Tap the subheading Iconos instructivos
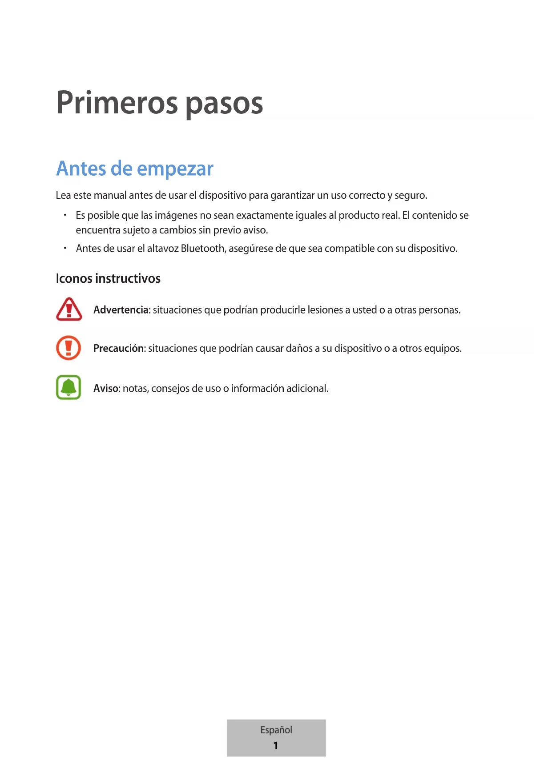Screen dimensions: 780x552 [108, 278]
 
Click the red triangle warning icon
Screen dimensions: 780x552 [69, 309]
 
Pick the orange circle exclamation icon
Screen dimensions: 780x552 [68, 348]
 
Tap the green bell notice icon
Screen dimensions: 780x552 [68, 387]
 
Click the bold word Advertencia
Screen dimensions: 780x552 [121, 310]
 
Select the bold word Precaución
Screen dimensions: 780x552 [119, 348]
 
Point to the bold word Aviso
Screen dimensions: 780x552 [106, 389]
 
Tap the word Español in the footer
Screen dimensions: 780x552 [276, 730]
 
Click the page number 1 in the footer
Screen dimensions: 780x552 [276, 745]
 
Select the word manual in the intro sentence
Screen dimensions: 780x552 [110, 196]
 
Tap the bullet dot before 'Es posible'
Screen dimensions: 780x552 [65, 215]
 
